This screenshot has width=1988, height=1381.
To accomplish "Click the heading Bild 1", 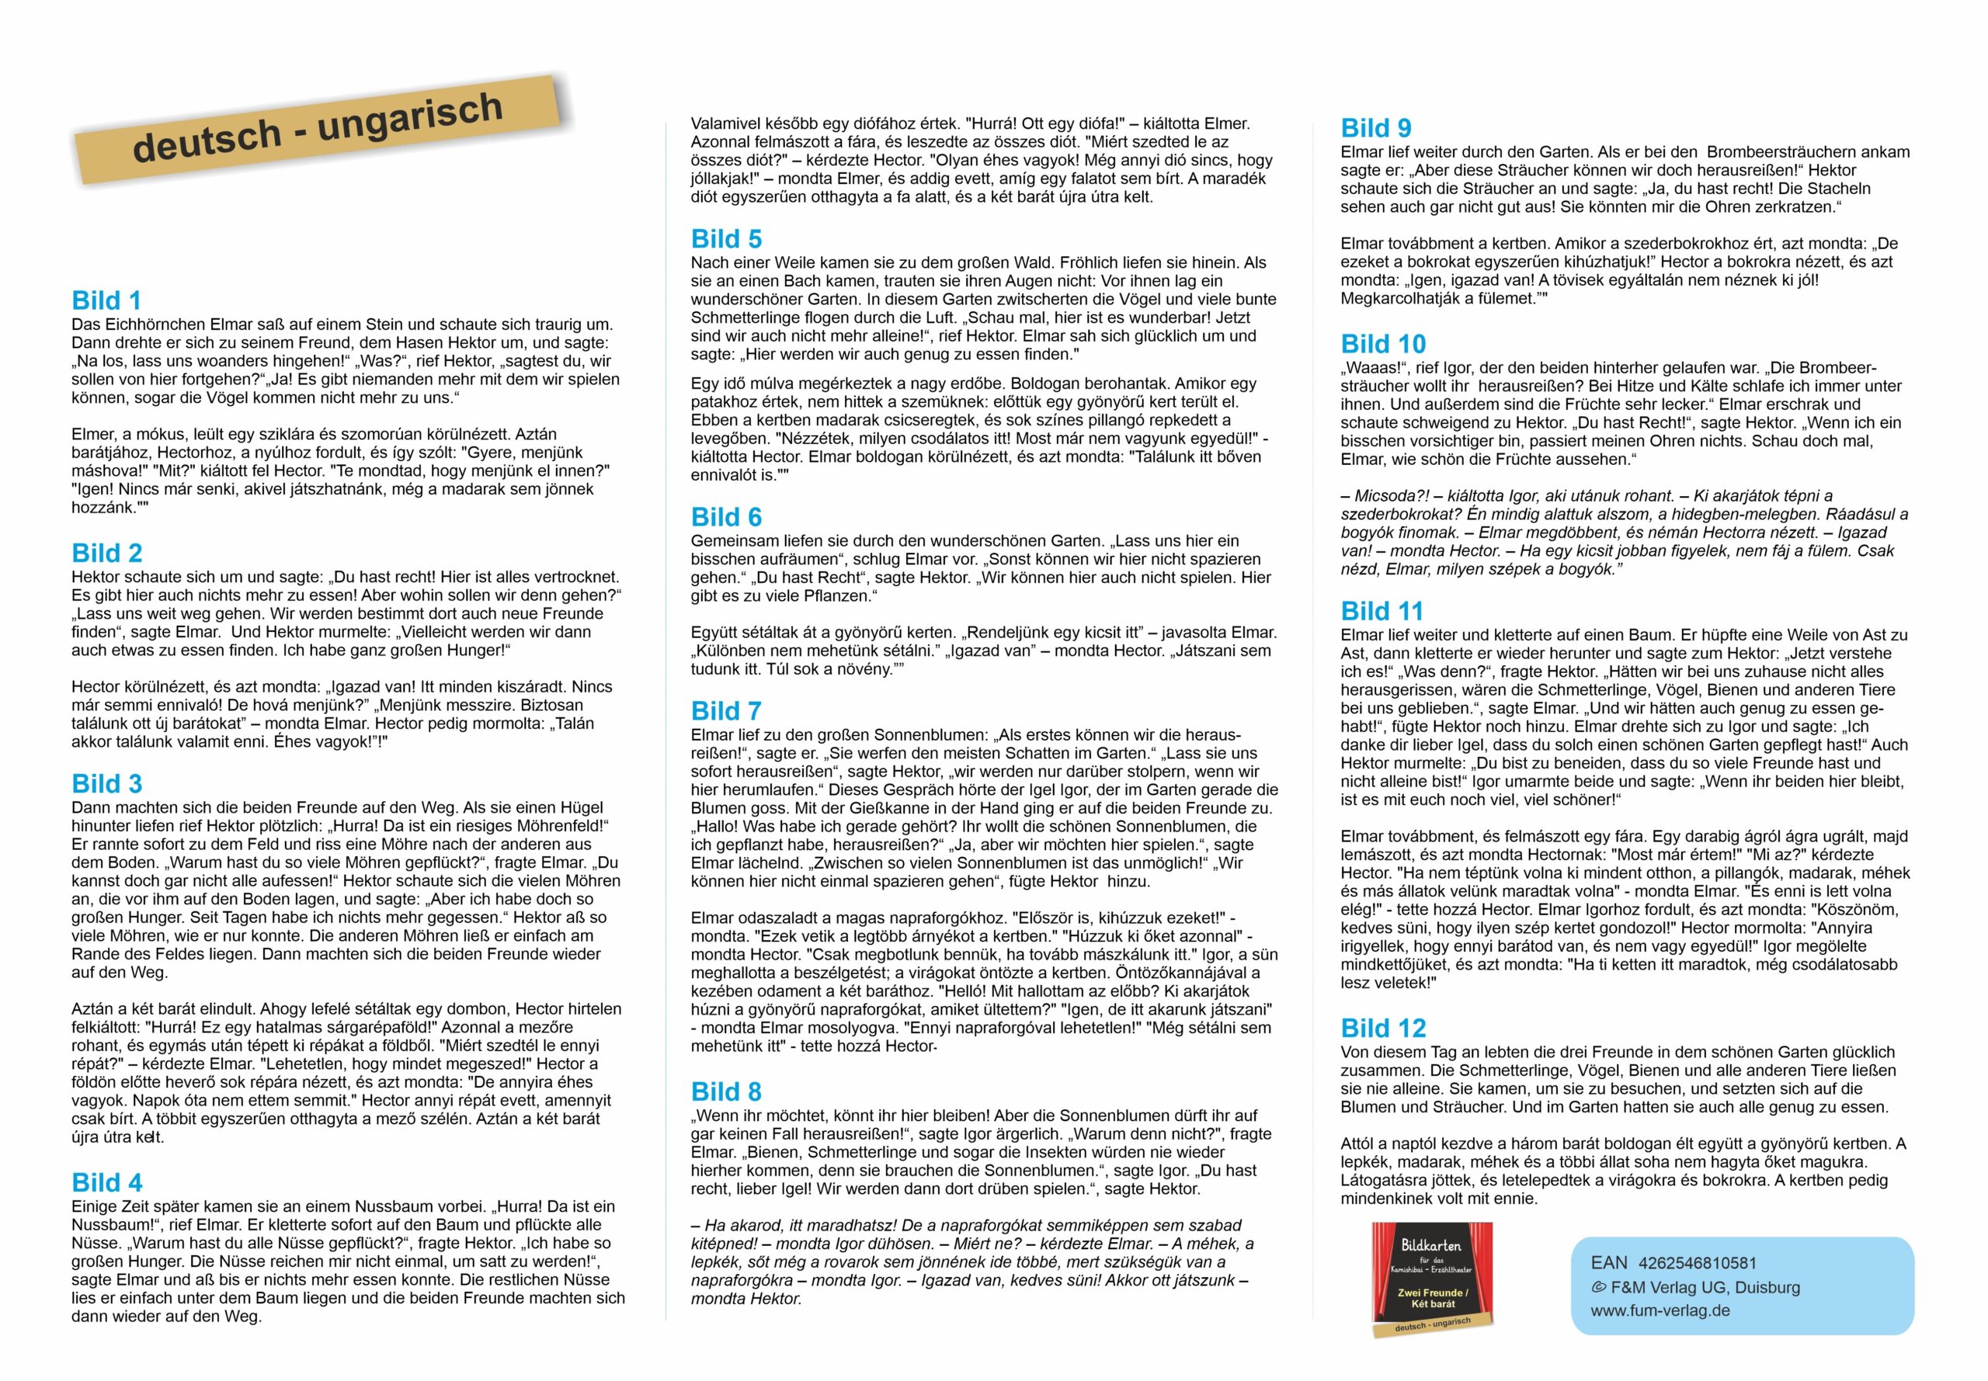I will [106, 300].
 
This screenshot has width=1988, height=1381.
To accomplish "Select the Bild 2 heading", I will [106, 553].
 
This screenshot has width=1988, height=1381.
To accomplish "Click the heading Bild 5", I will [725, 239].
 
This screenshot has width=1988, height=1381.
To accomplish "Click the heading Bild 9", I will [1375, 128].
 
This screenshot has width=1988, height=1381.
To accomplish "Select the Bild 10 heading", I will [1382, 344].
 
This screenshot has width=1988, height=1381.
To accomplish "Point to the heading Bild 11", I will [1382, 611].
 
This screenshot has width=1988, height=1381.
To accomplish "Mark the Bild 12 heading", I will [1382, 1028].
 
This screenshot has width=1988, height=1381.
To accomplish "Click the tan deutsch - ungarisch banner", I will [320, 130].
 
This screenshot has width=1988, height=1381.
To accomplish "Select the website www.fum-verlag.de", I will [1659, 1310].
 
